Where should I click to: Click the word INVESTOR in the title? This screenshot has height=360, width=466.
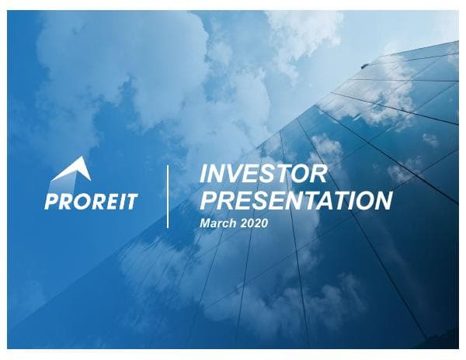(x=263, y=174)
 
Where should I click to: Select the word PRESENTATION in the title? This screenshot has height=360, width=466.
(x=296, y=200)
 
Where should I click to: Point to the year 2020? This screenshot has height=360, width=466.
(x=252, y=223)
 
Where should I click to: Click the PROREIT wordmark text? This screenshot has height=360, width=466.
(x=92, y=202)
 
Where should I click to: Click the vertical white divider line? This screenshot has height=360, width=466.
(x=168, y=196)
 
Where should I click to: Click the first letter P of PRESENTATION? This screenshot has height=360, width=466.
(x=209, y=200)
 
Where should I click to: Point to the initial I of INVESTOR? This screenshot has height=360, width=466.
(x=204, y=174)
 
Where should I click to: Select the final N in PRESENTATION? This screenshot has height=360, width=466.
(x=381, y=200)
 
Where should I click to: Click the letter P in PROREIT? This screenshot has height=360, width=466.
(x=52, y=202)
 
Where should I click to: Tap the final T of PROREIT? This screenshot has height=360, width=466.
(x=131, y=202)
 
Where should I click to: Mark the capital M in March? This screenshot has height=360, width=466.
(x=205, y=223)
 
